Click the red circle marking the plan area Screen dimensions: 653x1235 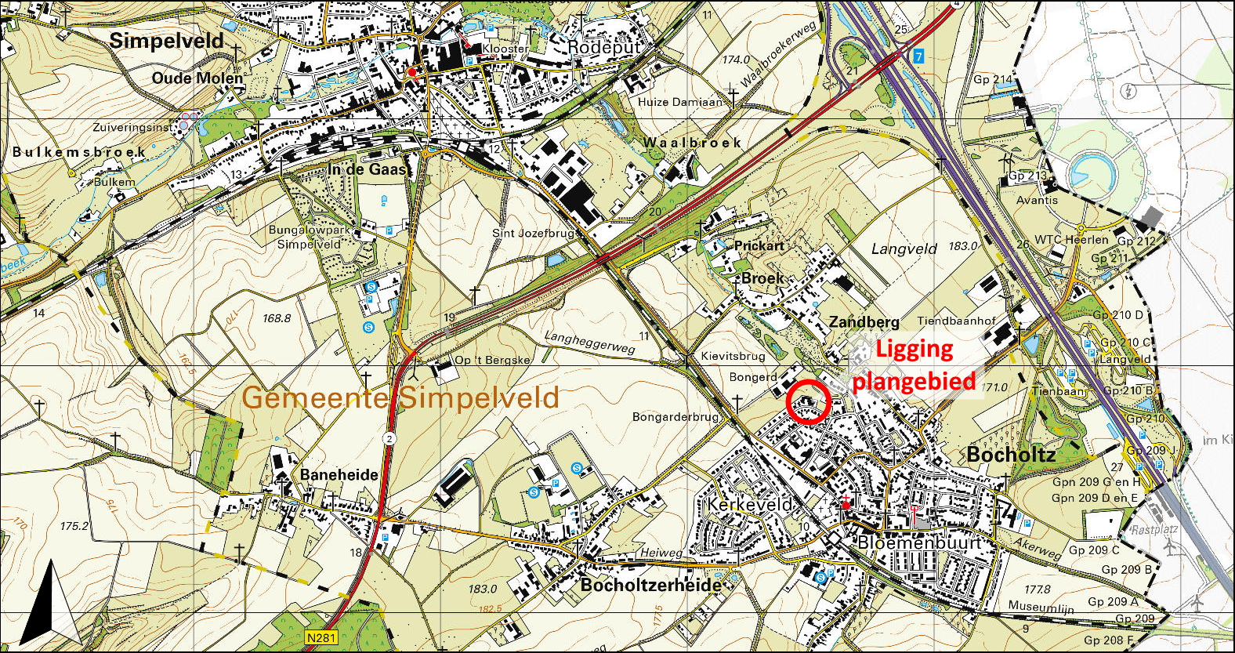click(808, 401)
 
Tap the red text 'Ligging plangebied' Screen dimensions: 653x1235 click(914, 365)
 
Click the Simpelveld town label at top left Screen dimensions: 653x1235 click(166, 41)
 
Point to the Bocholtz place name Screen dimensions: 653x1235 click(1011, 455)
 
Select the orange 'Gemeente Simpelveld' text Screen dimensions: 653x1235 click(400, 397)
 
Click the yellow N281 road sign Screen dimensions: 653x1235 click(321, 637)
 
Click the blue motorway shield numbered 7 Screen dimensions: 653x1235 click(918, 56)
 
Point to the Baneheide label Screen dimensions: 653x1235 click(339, 475)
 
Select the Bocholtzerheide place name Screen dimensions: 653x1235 click(650, 585)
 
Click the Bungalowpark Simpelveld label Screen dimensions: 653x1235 click(310, 237)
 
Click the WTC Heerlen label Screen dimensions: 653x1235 click(1071, 239)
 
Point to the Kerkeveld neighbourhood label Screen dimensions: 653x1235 click(750, 504)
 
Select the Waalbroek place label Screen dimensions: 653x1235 click(692, 143)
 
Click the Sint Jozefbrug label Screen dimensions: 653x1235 click(536, 233)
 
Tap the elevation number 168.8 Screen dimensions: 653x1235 click(277, 318)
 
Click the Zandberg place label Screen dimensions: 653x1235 click(864, 322)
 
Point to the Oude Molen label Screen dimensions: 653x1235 click(197, 78)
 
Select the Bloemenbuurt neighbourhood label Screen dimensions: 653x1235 click(919, 542)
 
